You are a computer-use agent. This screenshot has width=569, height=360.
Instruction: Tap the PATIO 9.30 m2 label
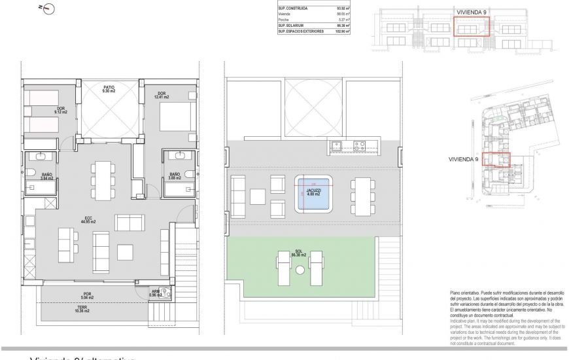(109, 89)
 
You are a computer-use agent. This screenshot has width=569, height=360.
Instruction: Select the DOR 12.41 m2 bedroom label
(162, 95)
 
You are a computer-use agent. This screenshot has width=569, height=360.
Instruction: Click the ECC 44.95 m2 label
(87, 220)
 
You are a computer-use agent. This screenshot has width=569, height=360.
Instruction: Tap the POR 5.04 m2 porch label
(87, 295)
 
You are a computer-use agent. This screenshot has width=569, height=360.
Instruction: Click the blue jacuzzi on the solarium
(313, 194)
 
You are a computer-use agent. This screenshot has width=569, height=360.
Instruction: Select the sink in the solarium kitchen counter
(337, 147)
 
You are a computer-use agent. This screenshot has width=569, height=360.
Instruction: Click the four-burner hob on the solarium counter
(360, 147)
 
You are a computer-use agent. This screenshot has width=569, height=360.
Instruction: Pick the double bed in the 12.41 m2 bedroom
(172, 120)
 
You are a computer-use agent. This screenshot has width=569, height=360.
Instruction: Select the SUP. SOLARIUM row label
(292, 26)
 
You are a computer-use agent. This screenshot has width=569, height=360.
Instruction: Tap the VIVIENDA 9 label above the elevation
(471, 12)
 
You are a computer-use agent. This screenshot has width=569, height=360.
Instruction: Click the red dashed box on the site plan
(496, 160)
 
